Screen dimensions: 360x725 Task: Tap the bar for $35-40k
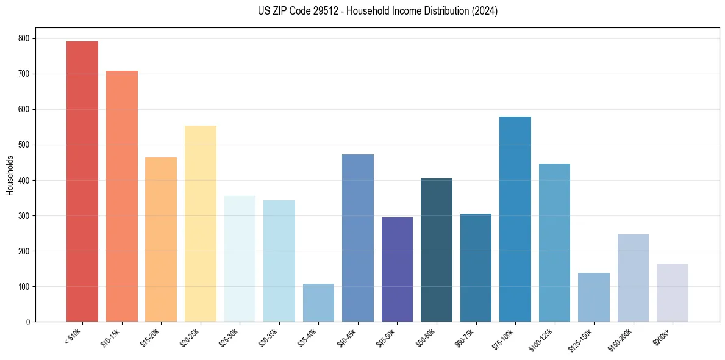coord(318,303)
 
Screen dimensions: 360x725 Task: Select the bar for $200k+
coord(673,293)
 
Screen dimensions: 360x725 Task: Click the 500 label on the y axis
coord(27,145)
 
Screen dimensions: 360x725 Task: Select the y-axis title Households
coord(10,175)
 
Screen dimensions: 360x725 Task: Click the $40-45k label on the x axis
coord(347,337)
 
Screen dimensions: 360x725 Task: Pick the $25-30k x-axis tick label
coord(229,337)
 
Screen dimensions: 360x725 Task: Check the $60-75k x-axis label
coord(465,337)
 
